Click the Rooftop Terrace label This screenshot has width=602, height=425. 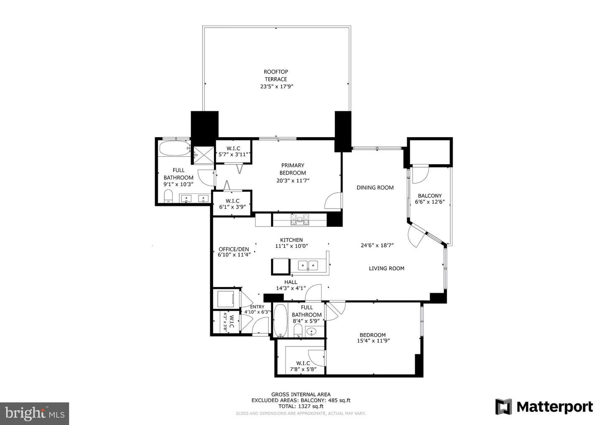click(276, 76)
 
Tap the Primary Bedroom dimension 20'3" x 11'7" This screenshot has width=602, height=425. click(293, 180)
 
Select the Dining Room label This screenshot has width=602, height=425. click(375, 188)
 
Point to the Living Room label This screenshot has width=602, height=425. click(386, 268)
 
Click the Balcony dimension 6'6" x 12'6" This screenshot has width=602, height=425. click(430, 202)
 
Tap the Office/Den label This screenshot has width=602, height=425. click(234, 249)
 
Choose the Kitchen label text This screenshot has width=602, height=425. click(291, 240)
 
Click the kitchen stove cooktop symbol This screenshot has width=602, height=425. click(300, 219)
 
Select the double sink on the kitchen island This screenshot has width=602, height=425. click(308, 265)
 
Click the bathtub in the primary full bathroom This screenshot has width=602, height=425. click(175, 148)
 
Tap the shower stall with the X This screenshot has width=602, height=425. click(204, 155)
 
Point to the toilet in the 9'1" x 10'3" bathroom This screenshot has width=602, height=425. click(168, 196)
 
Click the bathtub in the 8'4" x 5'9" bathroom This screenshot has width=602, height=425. click(281, 320)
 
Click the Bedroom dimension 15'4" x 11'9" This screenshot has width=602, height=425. click(373, 341)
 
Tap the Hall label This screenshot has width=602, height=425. click(291, 282)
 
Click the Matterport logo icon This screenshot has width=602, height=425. click(503, 407)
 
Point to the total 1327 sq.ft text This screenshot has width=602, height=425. click(301, 406)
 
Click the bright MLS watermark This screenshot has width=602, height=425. click(35, 413)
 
